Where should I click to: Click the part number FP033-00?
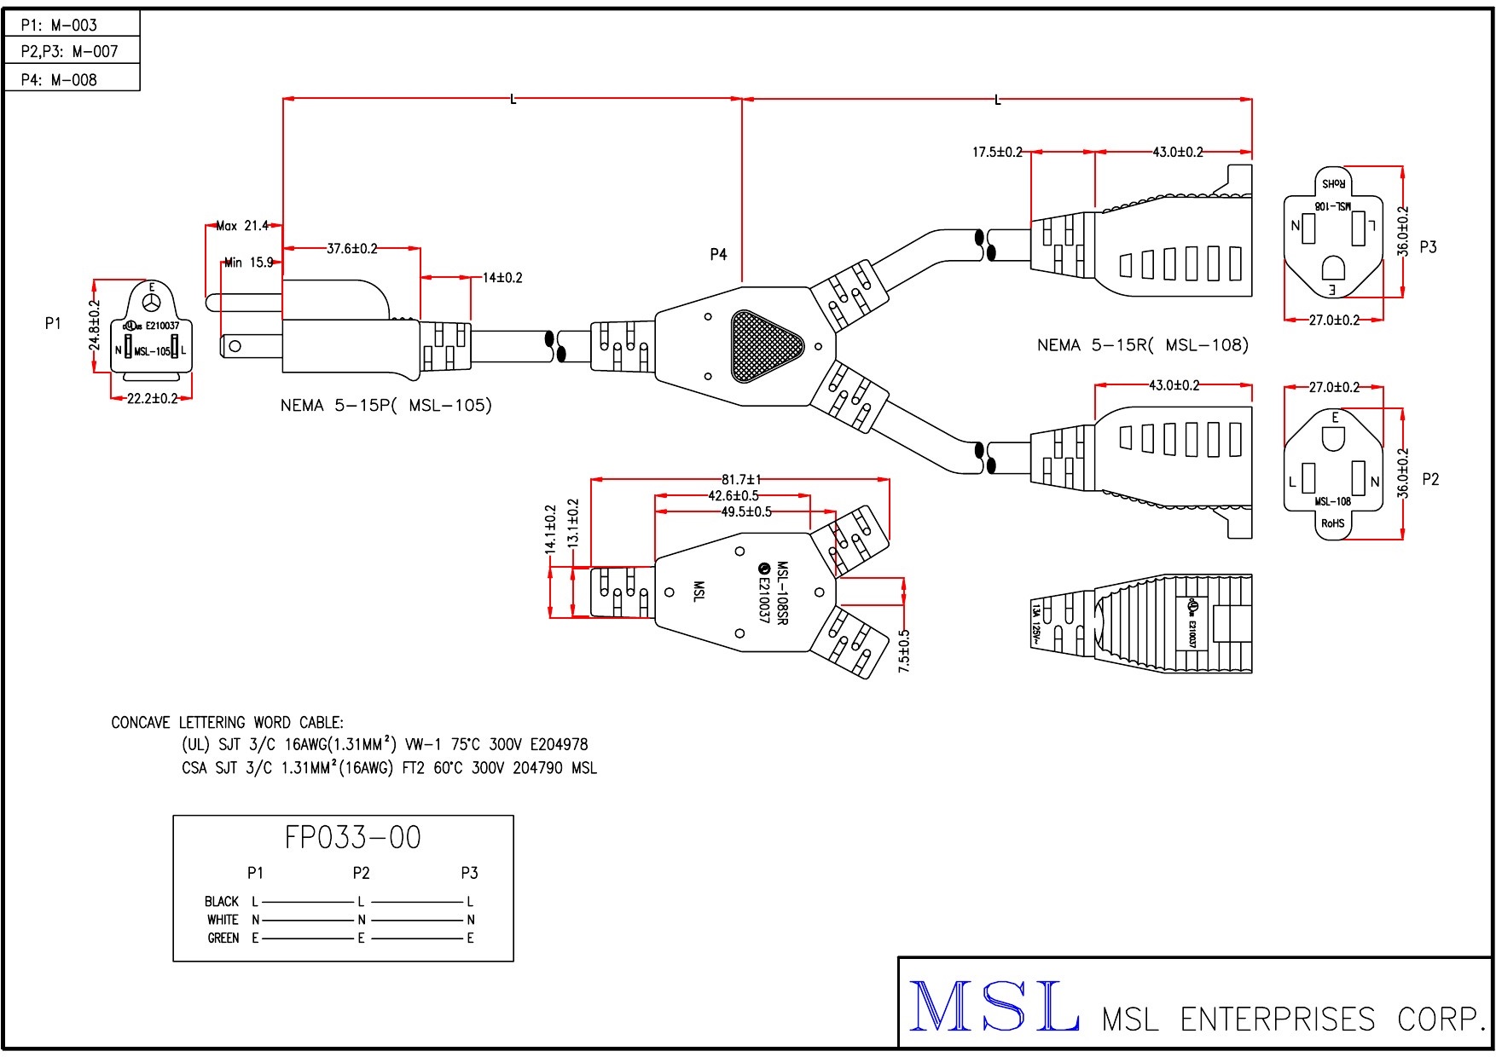352,838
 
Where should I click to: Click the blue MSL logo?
994,1008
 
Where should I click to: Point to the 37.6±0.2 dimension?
352,249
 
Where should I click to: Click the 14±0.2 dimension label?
502,278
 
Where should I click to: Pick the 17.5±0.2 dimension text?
997,153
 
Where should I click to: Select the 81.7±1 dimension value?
741,480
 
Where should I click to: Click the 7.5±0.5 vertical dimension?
904,651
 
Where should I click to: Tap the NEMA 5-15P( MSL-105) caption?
386,406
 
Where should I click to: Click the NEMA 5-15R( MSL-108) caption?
1142,345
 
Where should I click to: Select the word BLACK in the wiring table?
222,901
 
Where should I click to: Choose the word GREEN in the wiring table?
223,939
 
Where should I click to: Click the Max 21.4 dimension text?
242,226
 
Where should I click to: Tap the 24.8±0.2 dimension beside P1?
95,325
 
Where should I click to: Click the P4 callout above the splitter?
718,254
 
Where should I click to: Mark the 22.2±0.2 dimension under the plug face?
152,398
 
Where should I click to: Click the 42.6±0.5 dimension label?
733,496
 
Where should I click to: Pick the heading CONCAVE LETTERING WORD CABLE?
227,723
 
